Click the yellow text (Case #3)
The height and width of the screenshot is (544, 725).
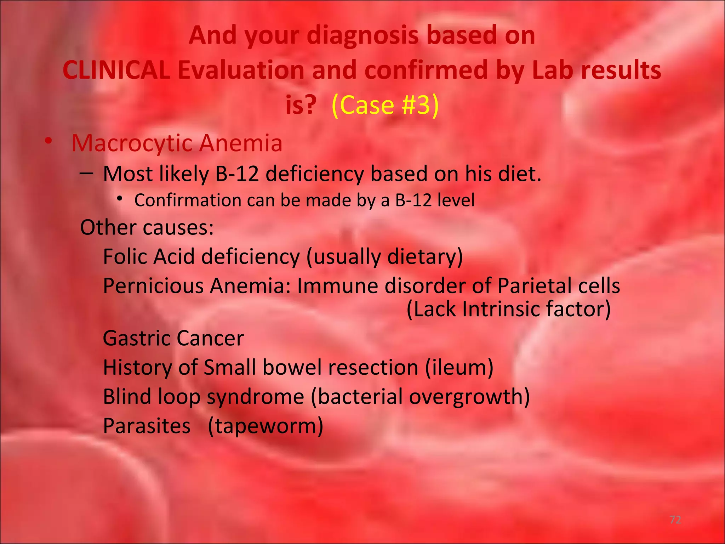pyautogui.click(x=385, y=105)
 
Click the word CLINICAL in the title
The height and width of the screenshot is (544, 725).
pyautogui.click(x=116, y=70)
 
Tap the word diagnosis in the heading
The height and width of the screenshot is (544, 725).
pyautogui.click(x=363, y=36)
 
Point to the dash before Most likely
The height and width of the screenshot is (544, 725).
pyautogui.click(x=86, y=174)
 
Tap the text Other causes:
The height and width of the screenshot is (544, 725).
pyautogui.click(x=147, y=227)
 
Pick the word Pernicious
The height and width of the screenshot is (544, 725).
pyautogui.click(x=153, y=286)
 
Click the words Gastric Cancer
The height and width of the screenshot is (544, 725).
pyautogui.click(x=173, y=338)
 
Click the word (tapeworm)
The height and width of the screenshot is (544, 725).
pyautogui.click(x=266, y=426)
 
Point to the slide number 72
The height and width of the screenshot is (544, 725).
pyautogui.click(x=675, y=520)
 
